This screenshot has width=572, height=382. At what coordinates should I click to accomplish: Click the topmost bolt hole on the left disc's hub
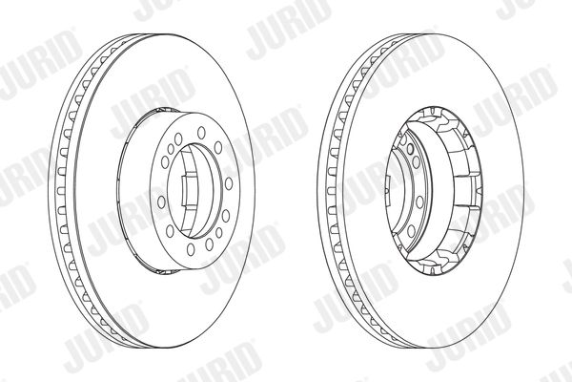pos(201,133)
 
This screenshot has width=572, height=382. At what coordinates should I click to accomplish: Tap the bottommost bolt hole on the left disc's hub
pos(191,249)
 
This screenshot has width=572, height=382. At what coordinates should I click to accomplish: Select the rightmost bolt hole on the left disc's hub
pos(229,183)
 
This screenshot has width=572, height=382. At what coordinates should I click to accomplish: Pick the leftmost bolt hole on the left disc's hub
pos(161,202)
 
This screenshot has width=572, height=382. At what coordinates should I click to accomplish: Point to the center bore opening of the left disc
pos(194,190)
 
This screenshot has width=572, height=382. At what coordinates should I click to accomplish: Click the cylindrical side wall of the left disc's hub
pos(134,190)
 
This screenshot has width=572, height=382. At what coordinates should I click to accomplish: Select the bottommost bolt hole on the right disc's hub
pos(411,231)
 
